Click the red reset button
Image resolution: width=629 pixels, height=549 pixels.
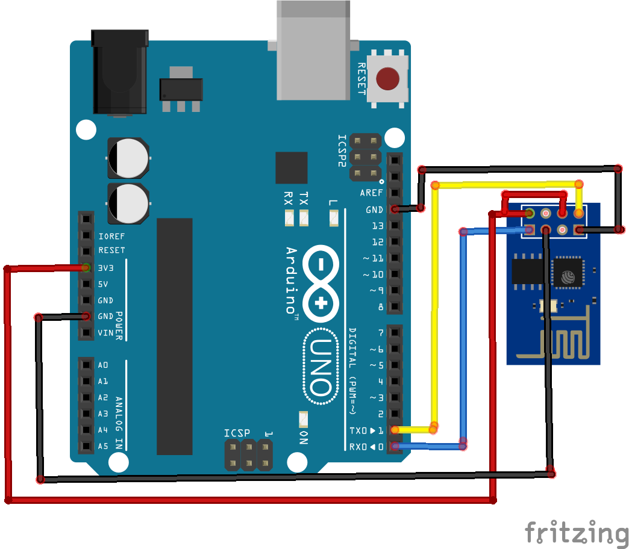coord(388,78)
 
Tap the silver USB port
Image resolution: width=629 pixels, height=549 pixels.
coord(313,51)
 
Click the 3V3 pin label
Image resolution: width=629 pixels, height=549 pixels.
coord(106,268)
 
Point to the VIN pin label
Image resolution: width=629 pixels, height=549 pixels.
coord(105,333)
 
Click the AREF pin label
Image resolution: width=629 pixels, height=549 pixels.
coord(371,193)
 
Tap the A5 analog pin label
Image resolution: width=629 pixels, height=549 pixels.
coord(103,447)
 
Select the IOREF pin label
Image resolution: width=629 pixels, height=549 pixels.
coord(111,237)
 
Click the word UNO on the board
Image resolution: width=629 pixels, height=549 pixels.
coord(320,367)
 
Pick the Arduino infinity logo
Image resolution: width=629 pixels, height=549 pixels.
coord(321,283)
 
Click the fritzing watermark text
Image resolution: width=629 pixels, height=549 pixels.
coord(575,533)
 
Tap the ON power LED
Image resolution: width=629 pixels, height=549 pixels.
coord(303,417)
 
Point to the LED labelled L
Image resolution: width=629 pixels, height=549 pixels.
coord(334,218)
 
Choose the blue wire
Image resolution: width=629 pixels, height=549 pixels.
coord(463,337)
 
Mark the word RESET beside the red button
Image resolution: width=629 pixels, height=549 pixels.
coord(361,78)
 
